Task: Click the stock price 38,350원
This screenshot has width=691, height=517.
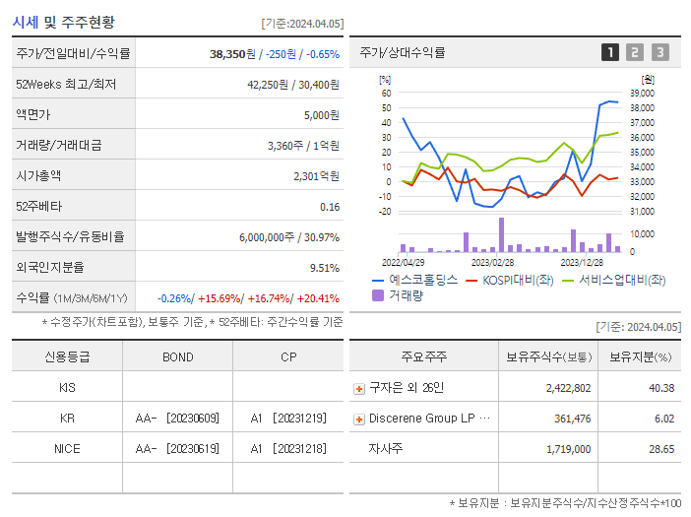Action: [233, 53]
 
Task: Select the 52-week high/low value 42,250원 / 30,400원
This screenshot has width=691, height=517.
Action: [292, 84]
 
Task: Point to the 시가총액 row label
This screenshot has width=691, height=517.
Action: [38, 175]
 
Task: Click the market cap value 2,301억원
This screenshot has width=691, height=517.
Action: [316, 175]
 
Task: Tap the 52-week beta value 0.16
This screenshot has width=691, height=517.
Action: [330, 206]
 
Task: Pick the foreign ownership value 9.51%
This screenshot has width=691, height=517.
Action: [324, 267]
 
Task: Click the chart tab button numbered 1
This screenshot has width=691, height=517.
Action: [610, 52]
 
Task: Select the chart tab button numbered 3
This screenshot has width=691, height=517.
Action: [660, 52]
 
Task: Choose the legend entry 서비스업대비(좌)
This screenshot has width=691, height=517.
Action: [617, 280]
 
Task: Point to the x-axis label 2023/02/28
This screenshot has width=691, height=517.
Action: [492, 262]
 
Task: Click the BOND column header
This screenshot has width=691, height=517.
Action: [177, 356]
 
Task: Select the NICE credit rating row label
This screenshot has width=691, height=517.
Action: [67, 448]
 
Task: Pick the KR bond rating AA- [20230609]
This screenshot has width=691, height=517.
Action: [177, 419]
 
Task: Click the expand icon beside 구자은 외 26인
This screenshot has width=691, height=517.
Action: [358, 388]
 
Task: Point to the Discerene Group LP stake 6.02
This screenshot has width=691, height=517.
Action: [662, 419]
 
